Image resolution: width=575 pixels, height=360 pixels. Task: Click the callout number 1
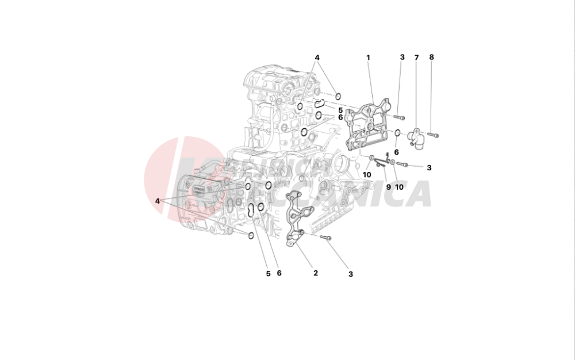pyautogui.click(x=368, y=58)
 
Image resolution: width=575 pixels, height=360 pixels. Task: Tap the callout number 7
pyautogui.click(x=416, y=58)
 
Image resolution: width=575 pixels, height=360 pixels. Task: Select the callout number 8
pyautogui.click(x=431, y=58)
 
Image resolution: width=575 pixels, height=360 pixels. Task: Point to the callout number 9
pyautogui.click(x=388, y=187)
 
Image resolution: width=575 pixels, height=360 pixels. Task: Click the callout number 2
pyautogui.click(x=316, y=273)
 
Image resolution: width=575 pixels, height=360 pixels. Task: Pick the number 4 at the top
pyautogui.click(x=317, y=58)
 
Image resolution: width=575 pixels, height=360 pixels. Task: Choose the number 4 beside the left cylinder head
pyautogui.click(x=157, y=201)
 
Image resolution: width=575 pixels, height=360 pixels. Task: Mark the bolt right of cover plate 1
pyautogui.click(x=400, y=117)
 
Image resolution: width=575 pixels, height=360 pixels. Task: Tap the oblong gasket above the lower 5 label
pyautogui.click(x=251, y=210)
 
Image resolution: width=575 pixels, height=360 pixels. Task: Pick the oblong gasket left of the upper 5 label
pyautogui.click(x=320, y=104)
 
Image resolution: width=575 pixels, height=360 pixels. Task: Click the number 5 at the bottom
pyautogui.click(x=268, y=273)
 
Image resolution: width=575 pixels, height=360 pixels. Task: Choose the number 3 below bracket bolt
pyautogui.click(x=350, y=274)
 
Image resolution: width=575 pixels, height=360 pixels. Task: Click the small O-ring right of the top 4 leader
pyautogui.click(x=338, y=95)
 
